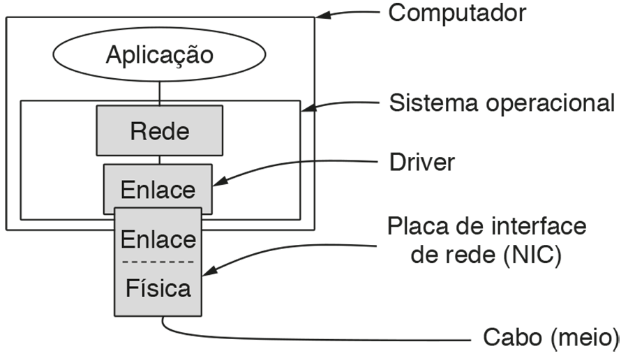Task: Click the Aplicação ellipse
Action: pos(159,55)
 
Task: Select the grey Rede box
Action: pos(159,130)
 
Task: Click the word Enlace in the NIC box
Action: pos(158,239)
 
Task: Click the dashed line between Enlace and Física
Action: pos(158,263)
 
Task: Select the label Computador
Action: pos(457,13)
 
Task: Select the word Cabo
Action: pos(512,338)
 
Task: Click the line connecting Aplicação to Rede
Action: pos(160,91)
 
